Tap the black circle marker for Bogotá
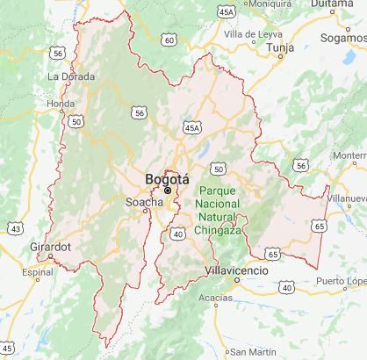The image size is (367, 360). (x=167, y=190)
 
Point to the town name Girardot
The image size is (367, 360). (x=48, y=248)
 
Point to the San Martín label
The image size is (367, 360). (x=250, y=353)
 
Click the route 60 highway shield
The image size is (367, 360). (x=170, y=40)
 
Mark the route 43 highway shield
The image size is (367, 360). (x=15, y=228)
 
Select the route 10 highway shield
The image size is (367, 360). (x=287, y=285)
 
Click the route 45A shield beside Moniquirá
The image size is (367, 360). (x=226, y=11)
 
